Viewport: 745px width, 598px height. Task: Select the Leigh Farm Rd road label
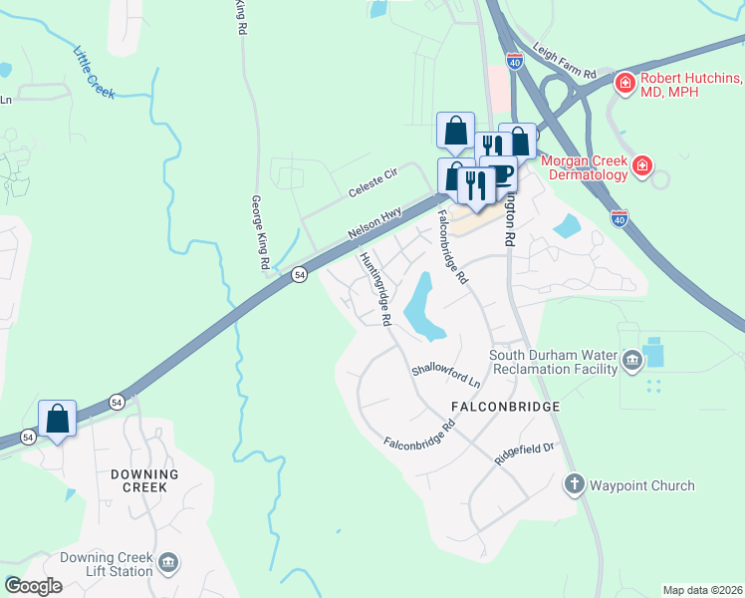[x=564, y=75]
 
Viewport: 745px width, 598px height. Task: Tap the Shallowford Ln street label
[x=446, y=376]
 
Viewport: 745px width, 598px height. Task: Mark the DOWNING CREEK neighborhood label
[x=144, y=480]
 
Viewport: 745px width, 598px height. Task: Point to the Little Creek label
[x=95, y=73]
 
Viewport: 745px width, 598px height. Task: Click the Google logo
[x=32, y=586]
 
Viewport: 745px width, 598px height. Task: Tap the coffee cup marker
[x=499, y=171]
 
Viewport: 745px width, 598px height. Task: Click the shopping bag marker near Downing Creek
[x=57, y=418]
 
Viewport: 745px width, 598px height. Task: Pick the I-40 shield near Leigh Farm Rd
[x=514, y=61]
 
